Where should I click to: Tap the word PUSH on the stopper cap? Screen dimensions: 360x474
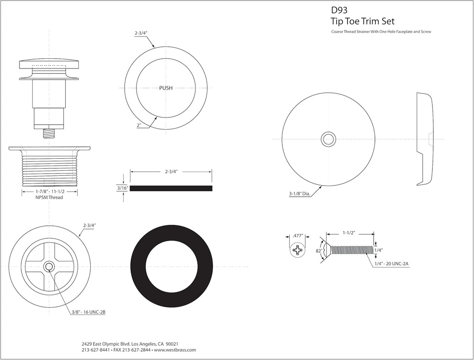pyautogui.click(x=166, y=88)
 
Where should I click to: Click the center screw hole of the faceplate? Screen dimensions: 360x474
pyautogui.click(x=329, y=139)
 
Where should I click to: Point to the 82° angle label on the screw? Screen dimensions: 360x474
pyautogui.click(x=318, y=250)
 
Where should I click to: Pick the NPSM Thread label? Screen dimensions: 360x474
pyautogui.click(x=49, y=198)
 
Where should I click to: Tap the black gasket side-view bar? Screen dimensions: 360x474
pyautogui.click(x=171, y=188)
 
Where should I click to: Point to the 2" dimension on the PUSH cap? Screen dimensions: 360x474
pyautogui.click(x=139, y=125)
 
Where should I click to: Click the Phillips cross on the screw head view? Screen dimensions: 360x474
pyautogui.click(x=297, y=251)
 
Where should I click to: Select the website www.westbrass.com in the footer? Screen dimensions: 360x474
pyautogui.click(x=175, y=350)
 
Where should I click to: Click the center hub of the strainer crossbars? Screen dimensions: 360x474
pyautogui.click(x=48, y=266)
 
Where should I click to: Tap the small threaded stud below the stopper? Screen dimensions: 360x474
pyautogui.click(x=49, y=133)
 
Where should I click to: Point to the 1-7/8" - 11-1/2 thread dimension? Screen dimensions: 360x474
pyautogui.click(x=50, y=192)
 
